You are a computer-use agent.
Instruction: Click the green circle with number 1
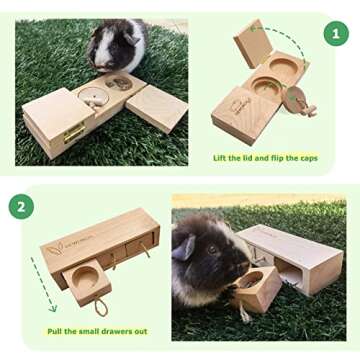335,33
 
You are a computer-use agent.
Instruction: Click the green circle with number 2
21,207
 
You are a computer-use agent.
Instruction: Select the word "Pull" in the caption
58,330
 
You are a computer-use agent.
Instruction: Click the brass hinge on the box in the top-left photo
72,132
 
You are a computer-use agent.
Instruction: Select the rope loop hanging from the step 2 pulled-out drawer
102,306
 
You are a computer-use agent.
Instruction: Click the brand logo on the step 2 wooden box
62,245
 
